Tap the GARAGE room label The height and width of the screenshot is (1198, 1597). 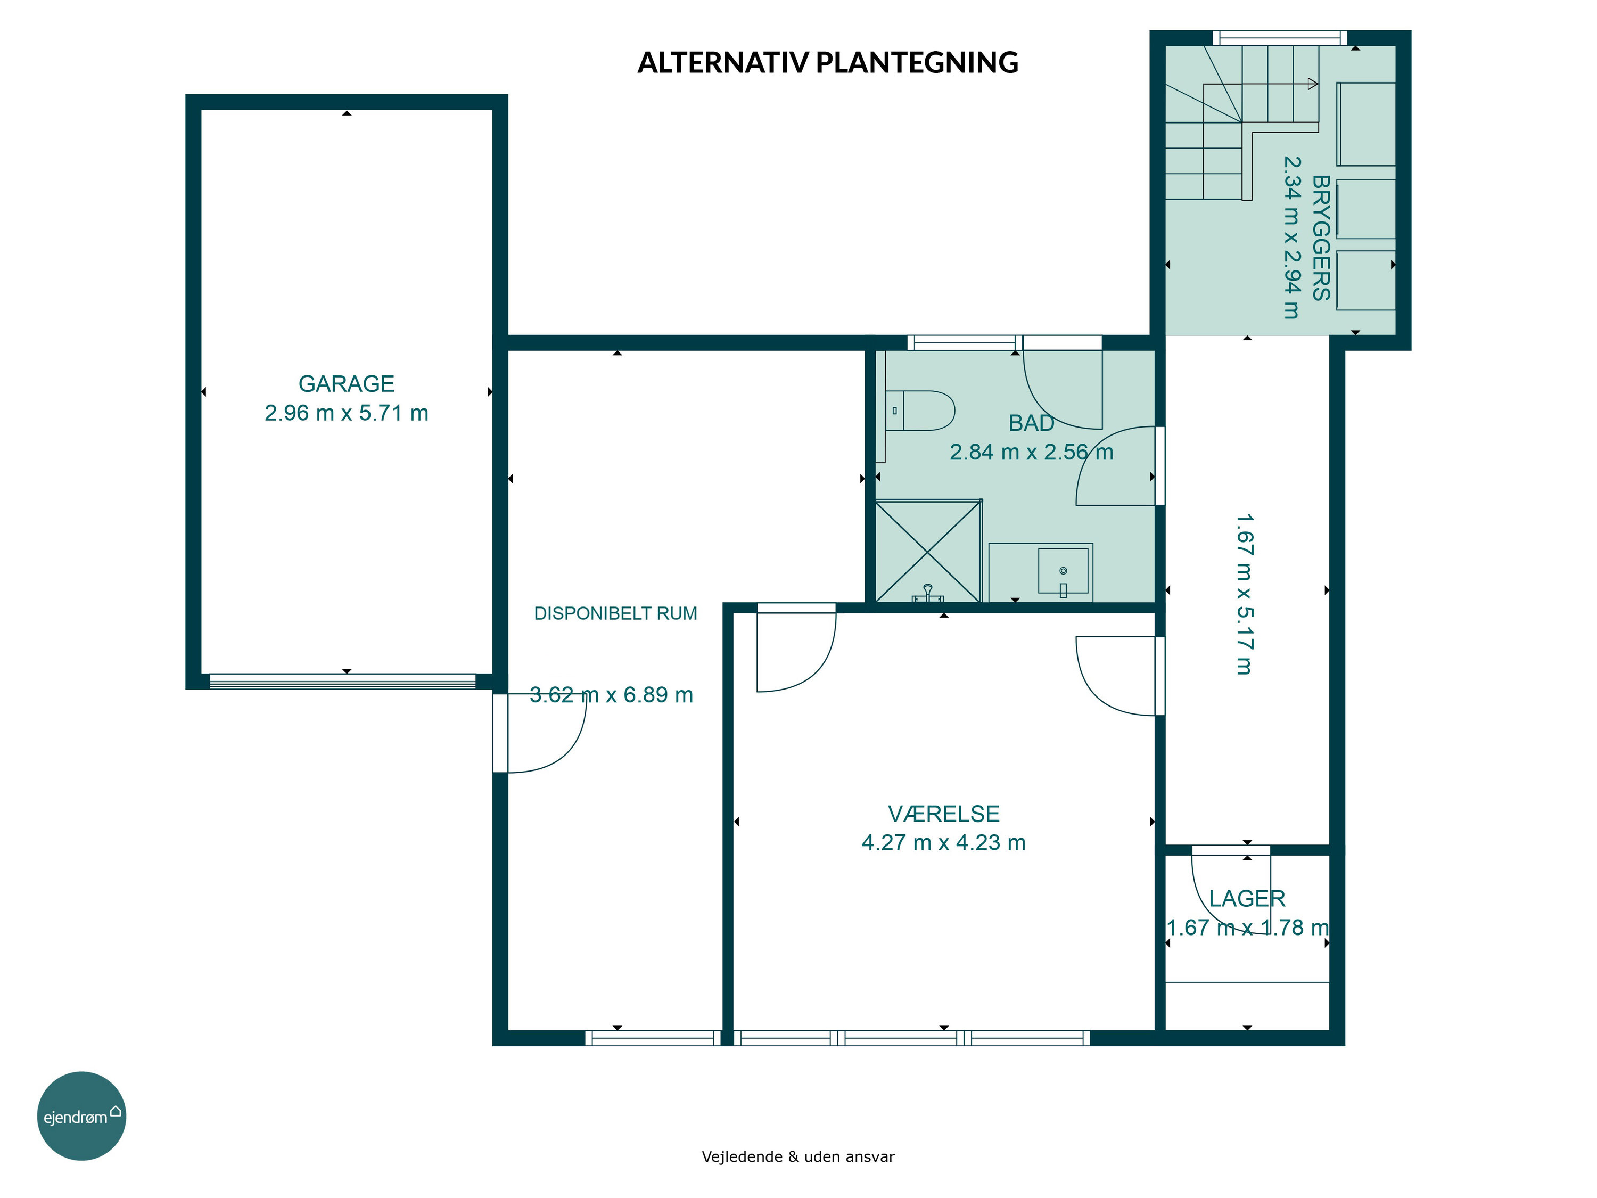[x=347, y=383]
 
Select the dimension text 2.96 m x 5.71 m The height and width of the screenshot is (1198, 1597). [x=347, y=413]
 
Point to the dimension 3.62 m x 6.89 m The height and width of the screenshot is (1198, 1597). [x=612, y=695]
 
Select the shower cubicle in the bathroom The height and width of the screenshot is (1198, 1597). [x=928, y=550]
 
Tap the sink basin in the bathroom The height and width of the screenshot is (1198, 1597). [x=1063, y=570]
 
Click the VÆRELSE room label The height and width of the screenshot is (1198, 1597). [x=944, y=814]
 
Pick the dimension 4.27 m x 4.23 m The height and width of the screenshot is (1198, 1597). [x=944, y=843]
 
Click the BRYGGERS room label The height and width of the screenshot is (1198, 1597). [x=1321, y=237]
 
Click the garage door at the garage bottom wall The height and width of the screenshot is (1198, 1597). [x=342, y=682]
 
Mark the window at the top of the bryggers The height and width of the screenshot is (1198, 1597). [x=1280, y=38]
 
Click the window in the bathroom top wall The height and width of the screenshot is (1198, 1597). [x=965, y=342]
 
